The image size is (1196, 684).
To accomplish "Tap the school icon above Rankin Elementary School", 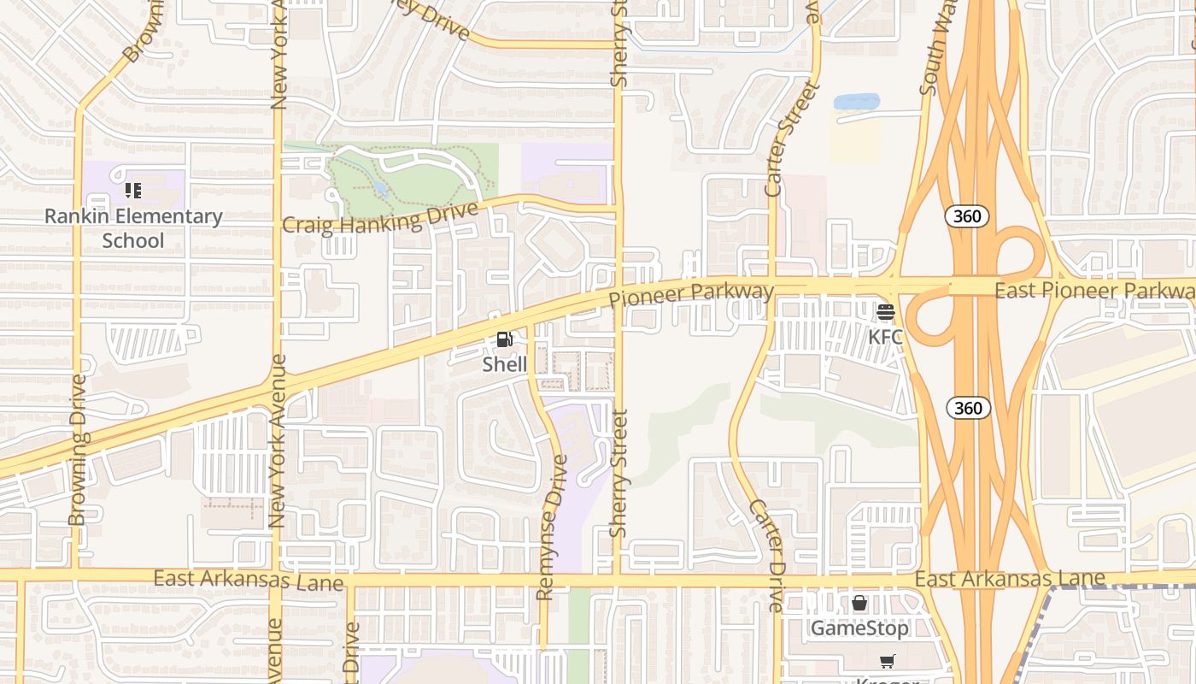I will point(133,190).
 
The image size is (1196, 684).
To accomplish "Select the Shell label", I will point(505,364).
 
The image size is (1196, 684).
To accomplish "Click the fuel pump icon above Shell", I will point(505,340).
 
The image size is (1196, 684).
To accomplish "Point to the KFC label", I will point(885,337).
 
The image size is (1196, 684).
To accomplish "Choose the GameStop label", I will point(859,628).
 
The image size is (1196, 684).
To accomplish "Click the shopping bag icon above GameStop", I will point(859,604).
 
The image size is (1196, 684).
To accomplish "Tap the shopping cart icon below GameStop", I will point(887,661).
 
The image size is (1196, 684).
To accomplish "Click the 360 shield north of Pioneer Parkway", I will point(967,216).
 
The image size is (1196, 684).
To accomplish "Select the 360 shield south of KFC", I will point(968,408).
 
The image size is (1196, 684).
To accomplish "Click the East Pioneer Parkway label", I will point(1094,291).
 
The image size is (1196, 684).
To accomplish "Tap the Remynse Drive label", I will point(552,527).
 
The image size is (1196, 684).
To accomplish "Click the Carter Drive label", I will point(765,556).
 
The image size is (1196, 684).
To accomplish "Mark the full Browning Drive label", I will point(79,450).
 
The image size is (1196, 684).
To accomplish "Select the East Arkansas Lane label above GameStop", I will point(1010,579).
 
